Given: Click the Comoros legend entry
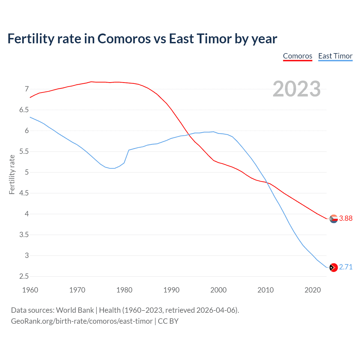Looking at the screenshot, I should pyautogui.click(x=298, y=56).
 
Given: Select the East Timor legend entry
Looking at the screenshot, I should pyautogui.click(x=335, y=56).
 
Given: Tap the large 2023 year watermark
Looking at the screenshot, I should pyautogui.click(x=297, y=89).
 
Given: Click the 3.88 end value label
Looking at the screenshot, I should pyautogui.click(x=346, y=219).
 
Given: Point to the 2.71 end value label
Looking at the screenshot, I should pyautogui.click(x=346, y=267).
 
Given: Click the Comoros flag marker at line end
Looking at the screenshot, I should pyautogui.click(x=334, y=219).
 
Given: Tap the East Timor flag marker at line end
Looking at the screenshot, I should pyautogui.click(x=334, y=267).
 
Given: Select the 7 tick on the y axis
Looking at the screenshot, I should pyautogui.click(x=27, y=89).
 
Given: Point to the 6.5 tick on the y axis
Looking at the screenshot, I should pyautogui.click(x=24, y=110).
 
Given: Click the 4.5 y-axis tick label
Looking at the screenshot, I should pyautogui.click(x=24, y=193).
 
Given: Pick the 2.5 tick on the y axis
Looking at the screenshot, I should pyautogui.click(x=24, y=276).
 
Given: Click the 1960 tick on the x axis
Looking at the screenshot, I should pyautogui.click(x=30, y=290).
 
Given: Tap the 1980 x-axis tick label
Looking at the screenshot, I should pyautogui.click(x=124, y=290).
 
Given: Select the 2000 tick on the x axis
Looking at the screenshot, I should pyautogui.click(x=219, y=290).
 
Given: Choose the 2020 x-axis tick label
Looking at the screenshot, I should pyautogui.click(x=312, y=290).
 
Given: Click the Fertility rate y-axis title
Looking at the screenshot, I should pyautogui.click(x=12, y=174).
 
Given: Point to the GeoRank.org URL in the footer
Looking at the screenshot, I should pyautogui.click(x=82, y=321).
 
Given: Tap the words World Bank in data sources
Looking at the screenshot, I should pyautogui.click(x=75, y=310).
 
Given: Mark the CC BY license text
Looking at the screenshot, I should pyautogui.click(x=168, y=321).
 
